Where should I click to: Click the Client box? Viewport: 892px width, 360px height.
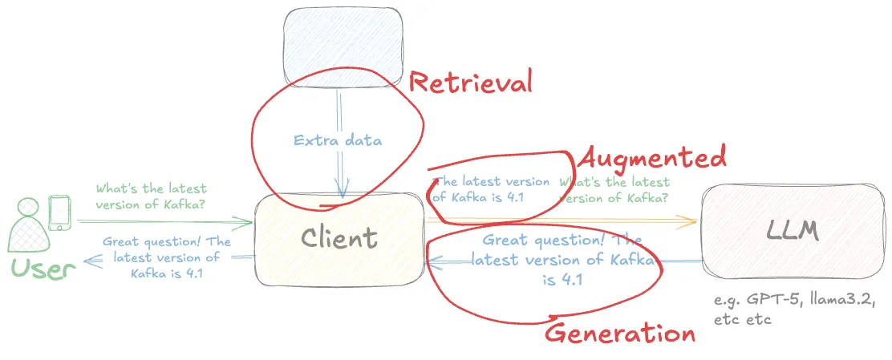coord(339,239)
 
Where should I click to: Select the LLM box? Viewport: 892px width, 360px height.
coord(793,231)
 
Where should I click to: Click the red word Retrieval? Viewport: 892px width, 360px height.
coord(470,82)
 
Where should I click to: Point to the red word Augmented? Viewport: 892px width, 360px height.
coord(652,156)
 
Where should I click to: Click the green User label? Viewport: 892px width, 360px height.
coord(43,269)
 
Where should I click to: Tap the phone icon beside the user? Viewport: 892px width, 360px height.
coord(59,212)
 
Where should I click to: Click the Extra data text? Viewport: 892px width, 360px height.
coord(338,140)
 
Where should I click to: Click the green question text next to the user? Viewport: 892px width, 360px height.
coord(151,196)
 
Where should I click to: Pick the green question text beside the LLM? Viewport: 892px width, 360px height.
coord(614,191)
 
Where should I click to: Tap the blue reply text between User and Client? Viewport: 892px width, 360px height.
coord(166,257)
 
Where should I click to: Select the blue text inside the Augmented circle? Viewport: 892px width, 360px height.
coord(491,189)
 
